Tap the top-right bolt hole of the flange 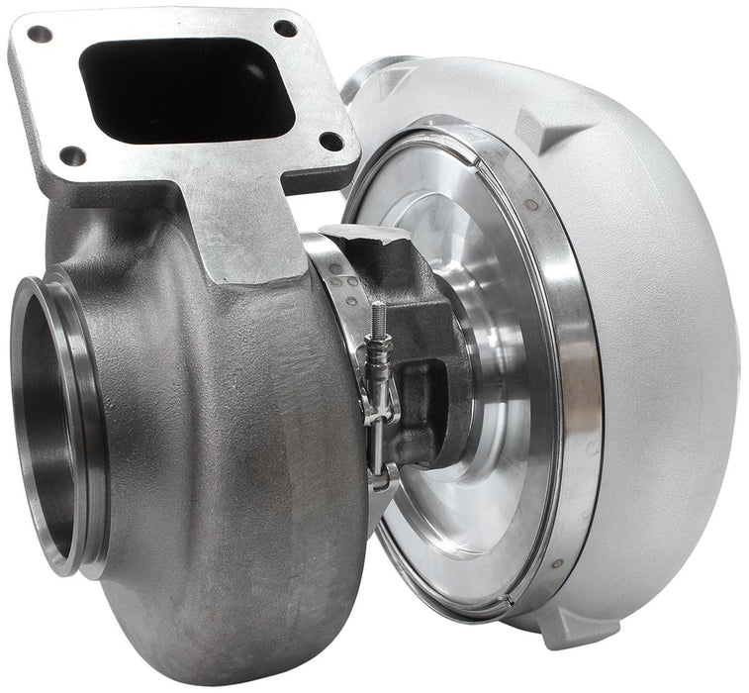coord(286,28)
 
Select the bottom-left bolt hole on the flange coord(72,155)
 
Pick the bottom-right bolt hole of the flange coord(331,141)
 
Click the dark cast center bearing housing coord(425,327)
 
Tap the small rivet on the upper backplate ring coord(531,205)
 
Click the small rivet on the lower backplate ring coord(556,562)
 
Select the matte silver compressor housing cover coord(663,346)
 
